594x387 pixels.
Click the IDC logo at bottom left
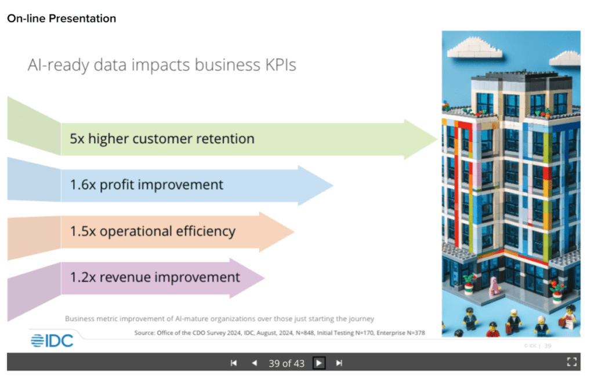52,341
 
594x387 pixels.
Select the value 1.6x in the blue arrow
83,185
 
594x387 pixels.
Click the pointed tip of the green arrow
436,139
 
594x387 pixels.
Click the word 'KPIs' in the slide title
277,65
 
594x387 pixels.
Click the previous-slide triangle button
254,363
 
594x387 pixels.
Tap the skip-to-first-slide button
234,363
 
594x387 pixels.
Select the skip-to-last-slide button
340,363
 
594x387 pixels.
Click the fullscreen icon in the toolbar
572,363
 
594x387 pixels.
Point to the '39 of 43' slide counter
287,363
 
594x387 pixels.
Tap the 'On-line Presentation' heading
61,19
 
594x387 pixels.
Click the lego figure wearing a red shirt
492,330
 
